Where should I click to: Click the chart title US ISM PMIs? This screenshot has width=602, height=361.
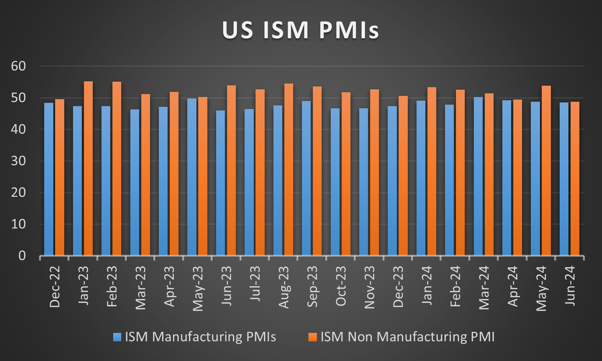click(x=300, y=30)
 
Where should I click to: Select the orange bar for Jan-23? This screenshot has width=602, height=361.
click(x=88, y=168)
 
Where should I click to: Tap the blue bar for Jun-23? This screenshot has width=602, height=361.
click(x=221, y=182)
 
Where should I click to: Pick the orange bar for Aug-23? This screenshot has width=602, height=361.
click(x=289, y=170)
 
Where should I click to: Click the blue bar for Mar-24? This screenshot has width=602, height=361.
click(x=478, y=176)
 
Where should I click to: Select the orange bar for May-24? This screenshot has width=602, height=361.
click(x=546, y=171)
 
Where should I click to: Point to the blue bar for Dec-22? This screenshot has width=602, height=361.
click(x=49, y=179)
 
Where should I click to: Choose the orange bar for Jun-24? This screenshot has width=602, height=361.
click(x=575, y=179)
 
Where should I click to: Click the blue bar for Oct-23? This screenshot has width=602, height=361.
click(x=335, y=182)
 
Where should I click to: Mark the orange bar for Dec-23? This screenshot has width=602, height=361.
click(x=403, y=175)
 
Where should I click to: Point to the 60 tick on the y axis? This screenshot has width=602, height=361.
click(x=18, y=66)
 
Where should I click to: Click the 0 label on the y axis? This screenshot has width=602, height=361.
click(x=22, y=256)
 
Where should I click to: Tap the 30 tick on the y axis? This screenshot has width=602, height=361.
click(x=18, y=161)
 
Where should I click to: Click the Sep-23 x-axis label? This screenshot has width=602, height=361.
click(x=312, y=287)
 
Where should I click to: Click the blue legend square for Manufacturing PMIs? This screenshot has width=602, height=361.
click(x=117, y=337)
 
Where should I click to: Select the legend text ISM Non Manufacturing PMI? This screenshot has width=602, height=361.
click(x=407, y=337)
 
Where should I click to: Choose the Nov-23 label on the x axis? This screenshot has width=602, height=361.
click(x=369, y=287)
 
